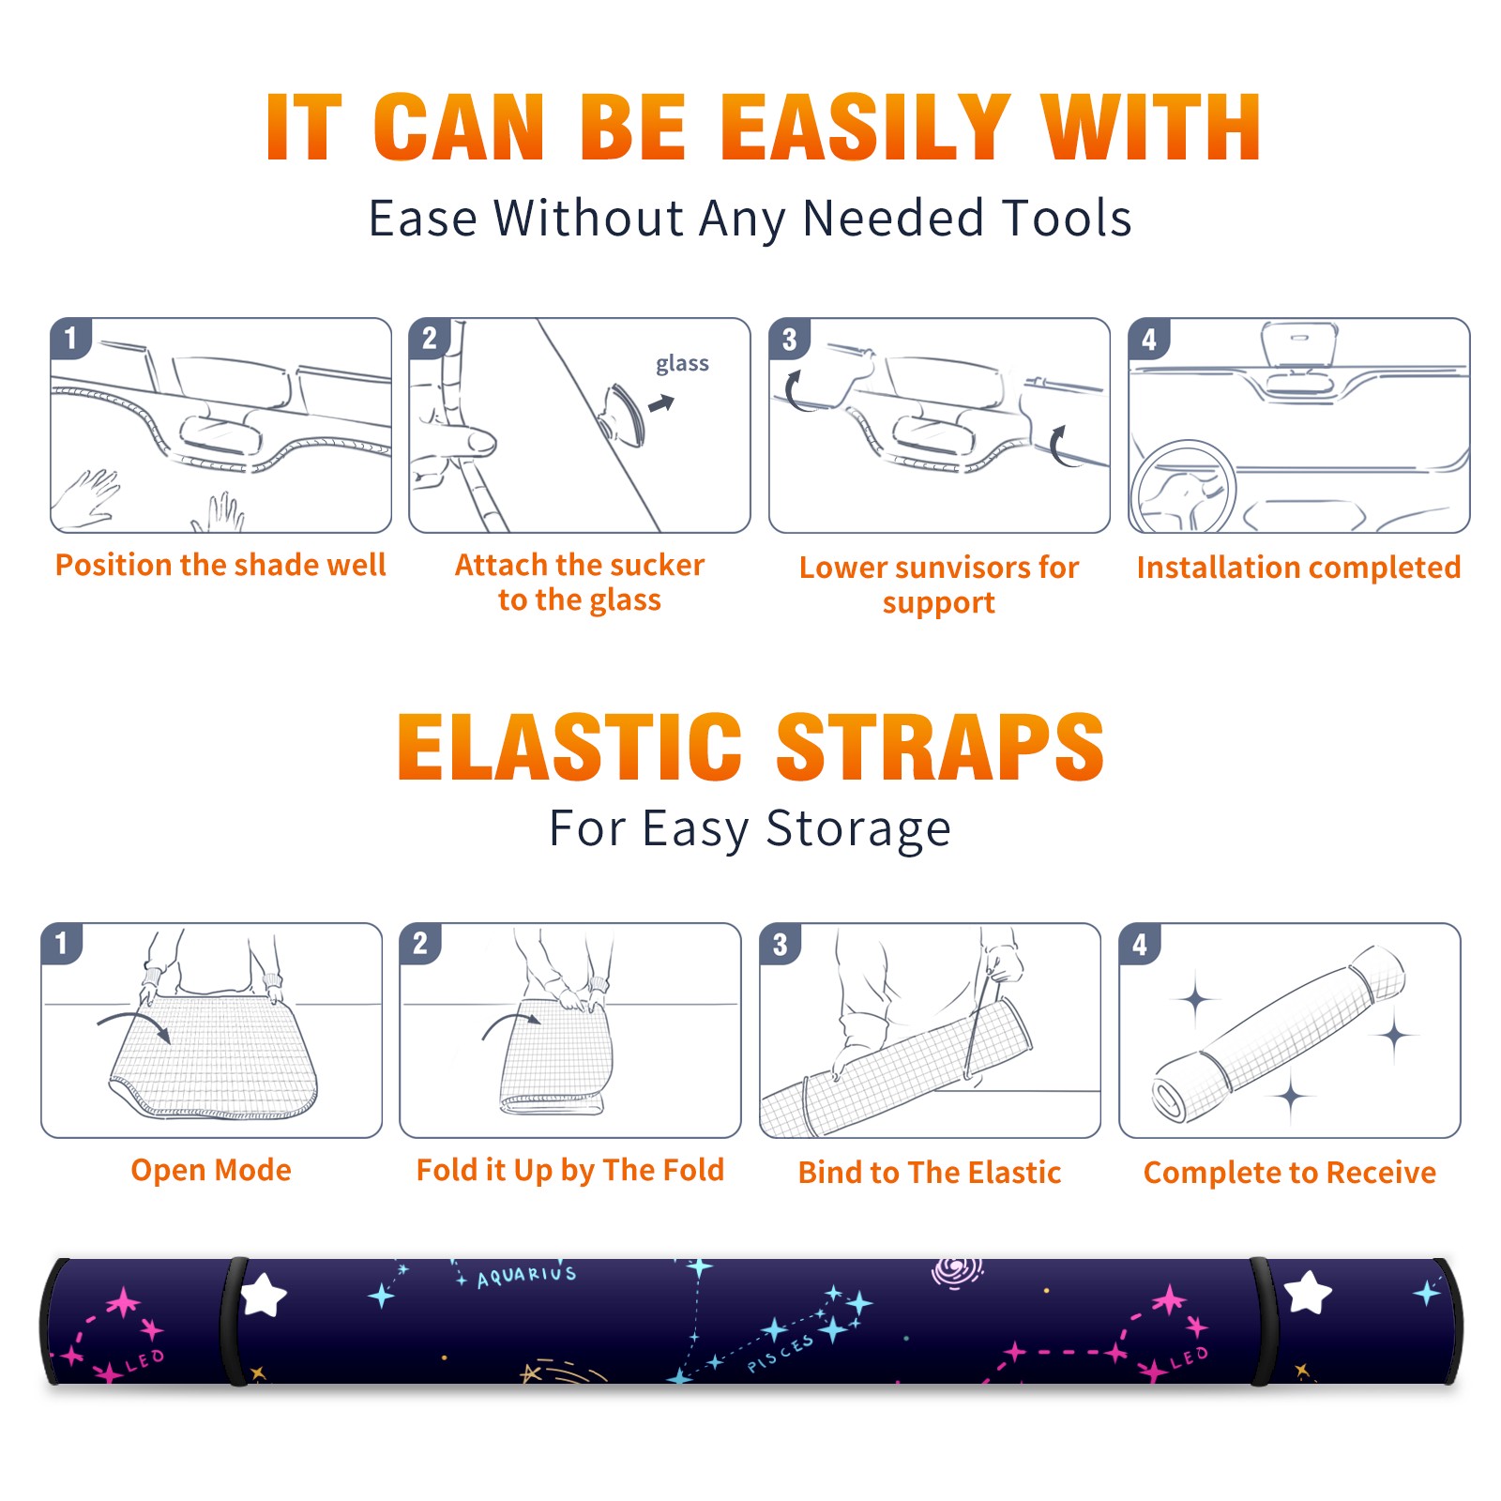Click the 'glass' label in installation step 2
click(682, 364)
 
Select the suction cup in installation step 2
click(623, 414)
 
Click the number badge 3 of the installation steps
click(789, 339)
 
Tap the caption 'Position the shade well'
click(220, 565)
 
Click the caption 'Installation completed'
click(1298, 567)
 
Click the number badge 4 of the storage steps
click(1140, 944)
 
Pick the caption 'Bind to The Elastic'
click(930, 1173)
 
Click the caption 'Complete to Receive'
click(1290, 1173)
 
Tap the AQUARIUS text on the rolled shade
click(526, 1275)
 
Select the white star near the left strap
click(264, 1295)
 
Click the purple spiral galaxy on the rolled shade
click(957, 1271)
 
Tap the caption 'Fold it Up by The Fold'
click(570, 1170)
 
